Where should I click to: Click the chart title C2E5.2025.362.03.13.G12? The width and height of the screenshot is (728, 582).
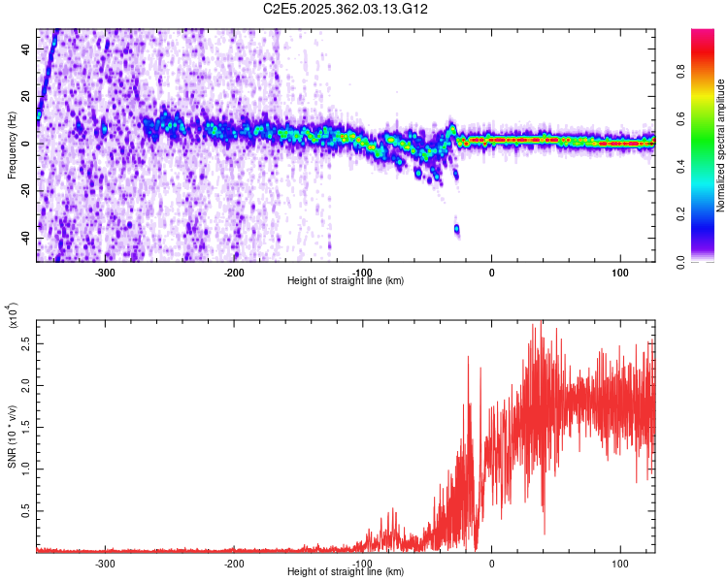click(x=347, y=9)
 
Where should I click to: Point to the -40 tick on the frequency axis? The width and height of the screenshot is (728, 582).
click(x=26, y=239)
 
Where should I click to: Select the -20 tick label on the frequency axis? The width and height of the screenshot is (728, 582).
click(x=26, y=191)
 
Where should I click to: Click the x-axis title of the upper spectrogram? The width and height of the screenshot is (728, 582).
click(x=346, y=280)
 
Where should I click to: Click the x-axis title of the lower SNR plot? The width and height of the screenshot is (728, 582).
click(x=346, y=571)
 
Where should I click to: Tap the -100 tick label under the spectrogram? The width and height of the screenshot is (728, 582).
click(x=362, y=272)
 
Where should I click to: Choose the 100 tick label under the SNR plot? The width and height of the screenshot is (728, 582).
click(x=619, y=563)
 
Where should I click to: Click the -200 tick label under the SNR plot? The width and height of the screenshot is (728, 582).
click(x=233, y=563)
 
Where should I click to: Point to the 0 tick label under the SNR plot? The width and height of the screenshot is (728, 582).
click(x=491, y=563)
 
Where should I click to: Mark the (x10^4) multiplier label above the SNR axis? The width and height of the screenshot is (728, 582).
click(x=13, y=315)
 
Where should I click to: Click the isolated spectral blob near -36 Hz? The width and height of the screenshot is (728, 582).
click(x=456, y=229)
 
